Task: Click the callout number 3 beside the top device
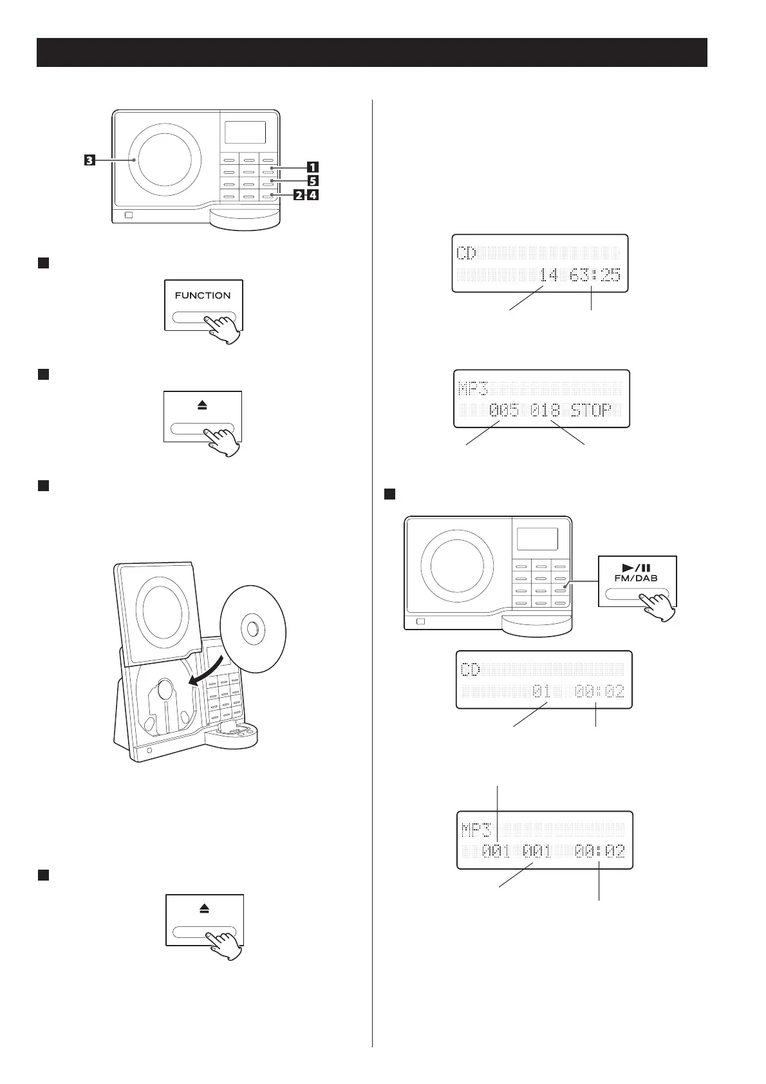[89, 160]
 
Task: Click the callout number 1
[312, 169]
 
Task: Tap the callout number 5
[312, 182]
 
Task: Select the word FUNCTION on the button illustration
[203, 295]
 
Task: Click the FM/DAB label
[636, 578]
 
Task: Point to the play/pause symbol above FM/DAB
[636, 567]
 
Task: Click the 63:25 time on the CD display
[595, 276]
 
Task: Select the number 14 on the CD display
[549, 276]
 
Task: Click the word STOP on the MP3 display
[591, 410]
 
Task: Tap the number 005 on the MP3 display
[503, 410]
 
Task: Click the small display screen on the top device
[245, 133]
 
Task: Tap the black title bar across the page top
[372, 52]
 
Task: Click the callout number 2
[299, 196]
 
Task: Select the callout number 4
[313, 196]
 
